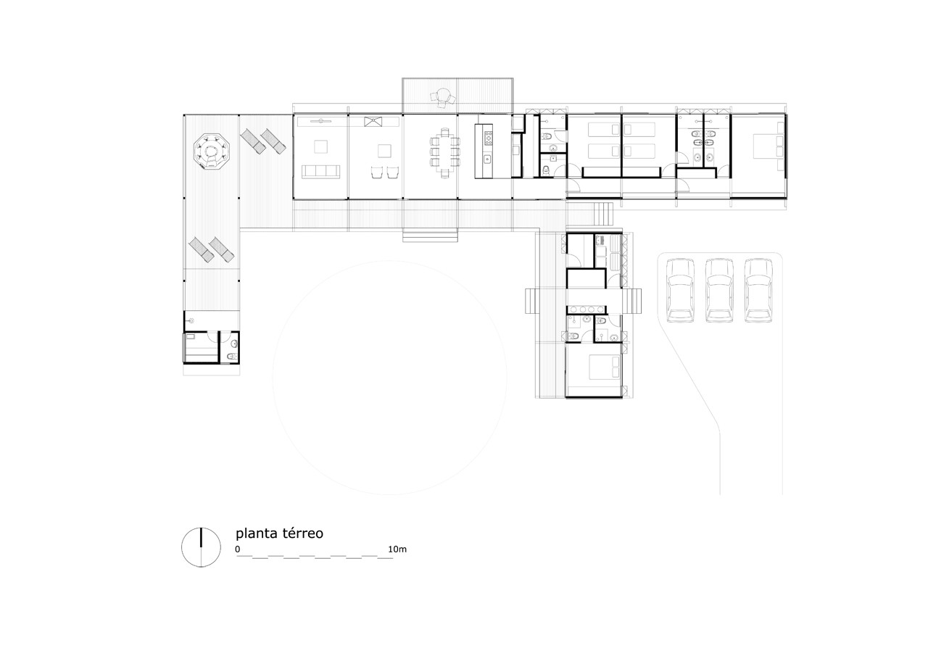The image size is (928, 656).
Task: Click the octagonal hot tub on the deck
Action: coord(210,152)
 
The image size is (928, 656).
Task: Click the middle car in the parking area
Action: coord(719,290)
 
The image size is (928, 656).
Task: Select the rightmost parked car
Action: coord(758,290)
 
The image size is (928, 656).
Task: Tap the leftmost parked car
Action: coord(680,290)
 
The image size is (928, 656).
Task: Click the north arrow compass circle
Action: coord(200,547)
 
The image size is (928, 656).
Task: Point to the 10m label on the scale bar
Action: coord(397,549)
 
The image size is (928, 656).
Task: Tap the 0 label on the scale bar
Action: coord(237,549)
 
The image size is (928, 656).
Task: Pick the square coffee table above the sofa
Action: coord(321,146)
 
